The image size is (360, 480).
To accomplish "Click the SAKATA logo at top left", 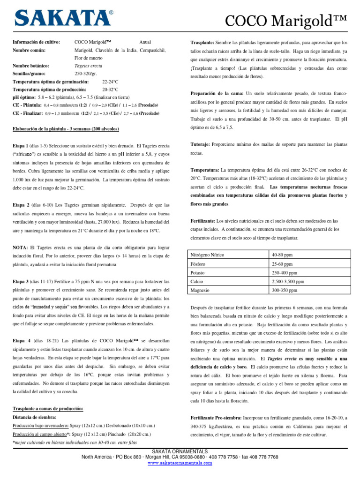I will click(x=63, y=18).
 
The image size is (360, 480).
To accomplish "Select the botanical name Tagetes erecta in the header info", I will click(x=89, y=66).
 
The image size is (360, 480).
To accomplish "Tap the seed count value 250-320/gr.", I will click(x=88, y=74).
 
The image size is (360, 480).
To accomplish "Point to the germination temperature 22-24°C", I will click(x=111, y=82).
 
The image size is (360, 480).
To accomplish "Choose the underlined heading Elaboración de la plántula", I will click(x=66, y=129).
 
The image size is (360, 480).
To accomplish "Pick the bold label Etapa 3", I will click(x=22, y=281).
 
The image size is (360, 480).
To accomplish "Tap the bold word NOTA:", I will click(x=21, y=247).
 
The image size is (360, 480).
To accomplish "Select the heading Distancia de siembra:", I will click(x=35, y=417).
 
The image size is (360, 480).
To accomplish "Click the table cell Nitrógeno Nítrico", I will click(x=208, y=255).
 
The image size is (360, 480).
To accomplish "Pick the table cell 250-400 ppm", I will click(x=285, y=273).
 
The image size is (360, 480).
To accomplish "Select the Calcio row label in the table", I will click(x=197, y=282).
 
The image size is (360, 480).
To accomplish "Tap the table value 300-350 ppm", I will click(x=285, y=291).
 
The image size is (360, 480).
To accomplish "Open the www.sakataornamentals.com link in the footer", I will click(x=180, y=463).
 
